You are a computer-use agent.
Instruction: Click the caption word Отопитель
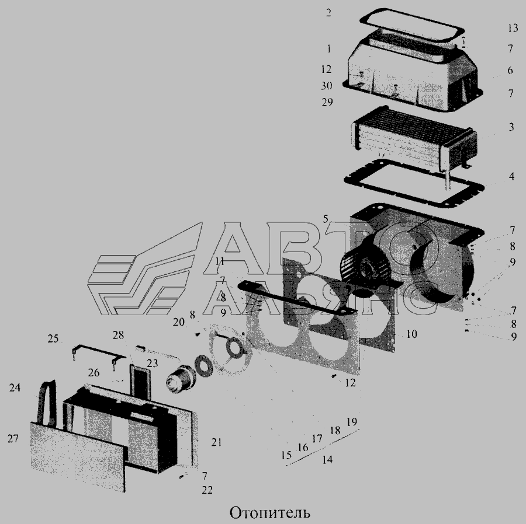269,512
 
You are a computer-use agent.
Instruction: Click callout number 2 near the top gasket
328,13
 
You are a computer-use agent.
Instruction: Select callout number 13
513,28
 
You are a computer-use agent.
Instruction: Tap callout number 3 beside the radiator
511,127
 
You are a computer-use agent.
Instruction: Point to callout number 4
511,176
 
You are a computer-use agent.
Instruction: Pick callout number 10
411,334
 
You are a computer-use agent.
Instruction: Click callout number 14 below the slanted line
327,460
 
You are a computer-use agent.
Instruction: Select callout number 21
216,442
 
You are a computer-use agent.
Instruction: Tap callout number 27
13,439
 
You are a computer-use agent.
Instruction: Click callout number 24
15,387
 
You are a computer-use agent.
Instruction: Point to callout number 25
53,338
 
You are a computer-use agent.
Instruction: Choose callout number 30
326,86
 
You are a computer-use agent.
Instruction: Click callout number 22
207,490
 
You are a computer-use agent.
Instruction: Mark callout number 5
326,219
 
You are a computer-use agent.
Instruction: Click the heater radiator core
414,139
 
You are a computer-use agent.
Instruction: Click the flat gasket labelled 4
414,184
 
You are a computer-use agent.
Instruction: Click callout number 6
510,70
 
